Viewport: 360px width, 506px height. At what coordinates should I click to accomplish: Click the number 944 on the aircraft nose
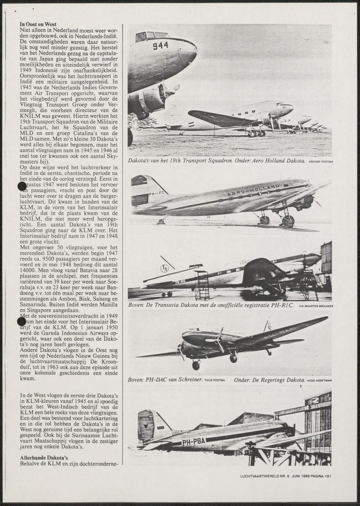(160, 46)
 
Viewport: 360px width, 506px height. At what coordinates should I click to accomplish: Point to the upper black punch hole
(22, 186)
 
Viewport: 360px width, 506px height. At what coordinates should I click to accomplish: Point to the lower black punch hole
(22, 321)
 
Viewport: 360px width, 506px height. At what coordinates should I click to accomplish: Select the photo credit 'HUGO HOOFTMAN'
(319, 380)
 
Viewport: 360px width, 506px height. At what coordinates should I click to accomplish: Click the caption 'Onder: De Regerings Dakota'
(269, 379)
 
